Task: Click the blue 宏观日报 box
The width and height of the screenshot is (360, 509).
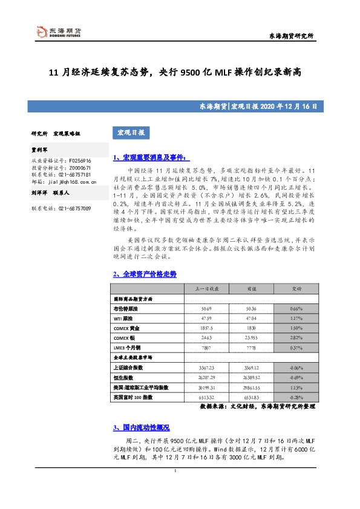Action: click(128, 132)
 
